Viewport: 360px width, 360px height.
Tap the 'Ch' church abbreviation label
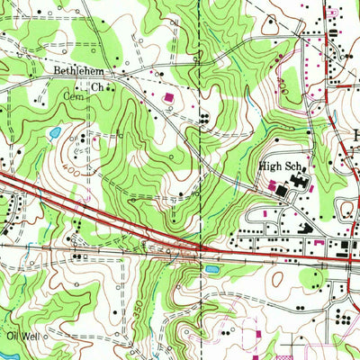(95, 87)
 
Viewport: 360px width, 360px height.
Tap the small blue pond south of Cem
(55, 133)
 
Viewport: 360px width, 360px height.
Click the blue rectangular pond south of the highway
(212, 268)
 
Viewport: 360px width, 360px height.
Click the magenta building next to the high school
(273, 186)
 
